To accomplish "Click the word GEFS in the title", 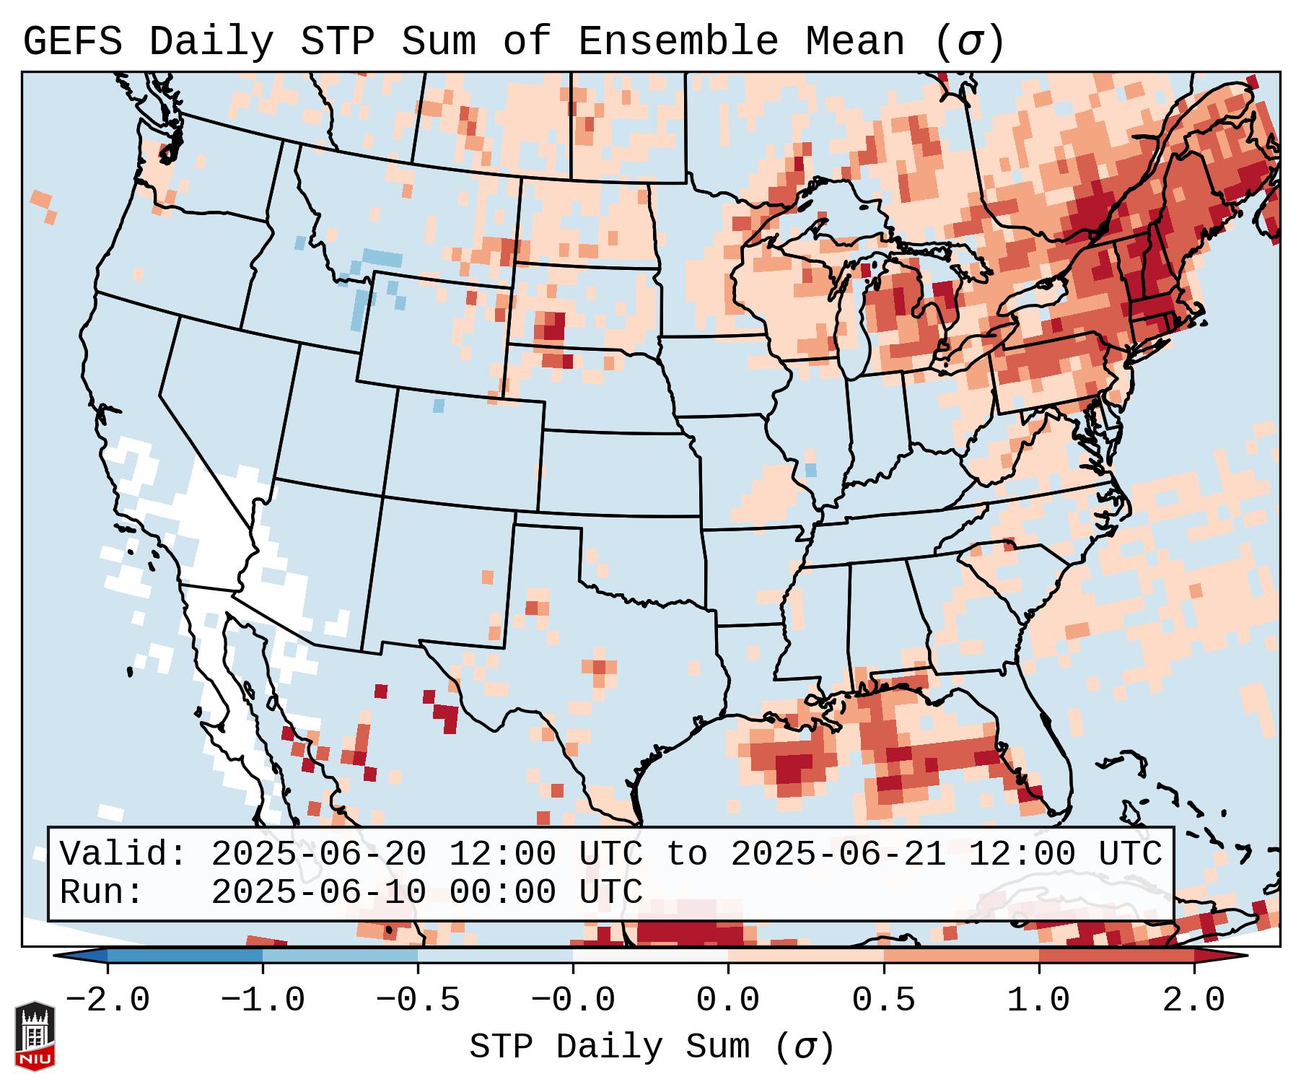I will pos(72,42).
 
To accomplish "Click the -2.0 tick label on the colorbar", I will pos(108,1000).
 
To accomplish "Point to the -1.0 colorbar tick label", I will pos(263,1000).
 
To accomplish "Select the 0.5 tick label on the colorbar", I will pos(884,1000).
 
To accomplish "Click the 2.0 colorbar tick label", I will pos(1194,1000).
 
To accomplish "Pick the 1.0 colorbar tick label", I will pos(1039,1000).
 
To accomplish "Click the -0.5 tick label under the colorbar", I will pos(419,1000).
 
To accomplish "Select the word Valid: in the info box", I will pos(123,854).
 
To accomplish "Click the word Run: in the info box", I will pos(101,892).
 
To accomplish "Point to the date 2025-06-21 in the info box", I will pos(838,854).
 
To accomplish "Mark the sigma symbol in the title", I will pos(969,42).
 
